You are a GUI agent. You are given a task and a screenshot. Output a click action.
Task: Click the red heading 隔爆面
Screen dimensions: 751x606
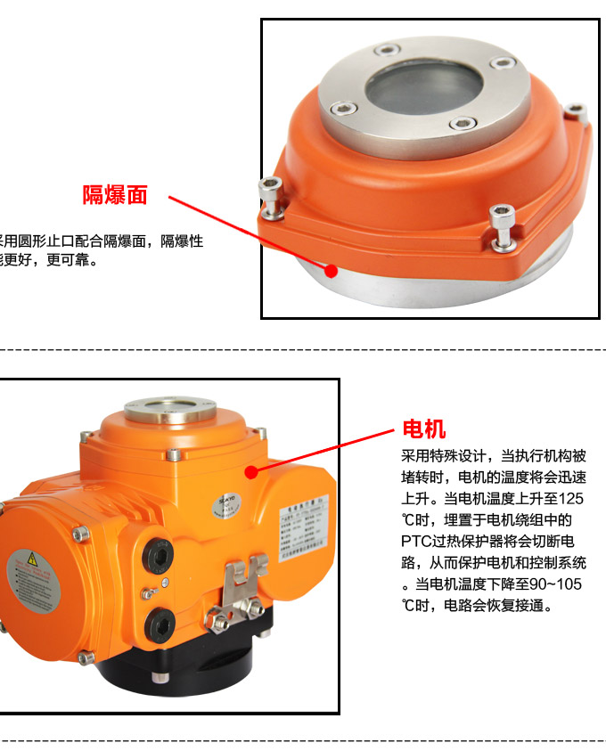click(x=115, y=195)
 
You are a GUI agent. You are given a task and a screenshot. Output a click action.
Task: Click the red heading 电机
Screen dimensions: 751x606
click(x=424, y=429)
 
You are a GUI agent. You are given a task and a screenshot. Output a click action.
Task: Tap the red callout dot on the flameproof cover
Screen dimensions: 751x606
click(x=332, y=269)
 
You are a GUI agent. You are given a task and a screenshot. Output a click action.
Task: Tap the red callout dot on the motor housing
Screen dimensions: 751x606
click(x=251, y=471)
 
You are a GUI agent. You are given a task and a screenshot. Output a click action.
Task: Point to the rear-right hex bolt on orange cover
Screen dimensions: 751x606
click(x=580, y=114)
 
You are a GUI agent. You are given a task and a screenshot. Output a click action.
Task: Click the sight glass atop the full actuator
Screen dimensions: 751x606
click(x=169, y=412)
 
